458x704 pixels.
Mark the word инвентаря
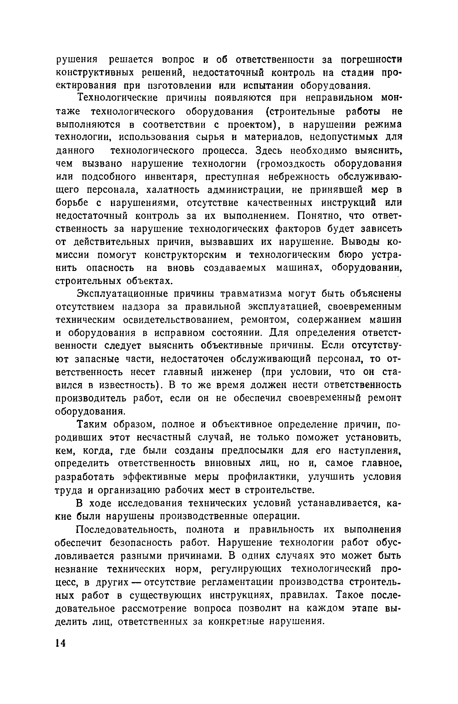click(x=170, y=177)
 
